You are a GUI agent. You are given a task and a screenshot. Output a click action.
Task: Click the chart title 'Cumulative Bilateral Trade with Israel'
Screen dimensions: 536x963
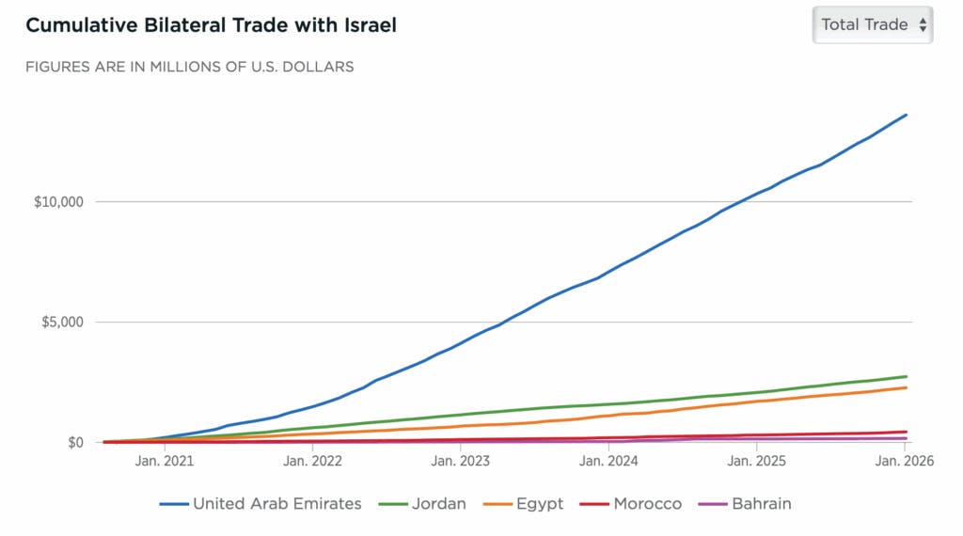[211, 25]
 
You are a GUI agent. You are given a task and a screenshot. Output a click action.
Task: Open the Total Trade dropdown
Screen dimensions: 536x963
[873, 24]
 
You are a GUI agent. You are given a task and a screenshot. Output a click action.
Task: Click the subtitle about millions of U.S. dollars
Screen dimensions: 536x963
[190, 67]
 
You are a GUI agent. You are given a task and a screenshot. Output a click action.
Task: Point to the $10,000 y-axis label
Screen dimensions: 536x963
[57, 202]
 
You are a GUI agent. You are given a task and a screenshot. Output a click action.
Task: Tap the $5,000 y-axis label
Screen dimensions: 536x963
[61, 323]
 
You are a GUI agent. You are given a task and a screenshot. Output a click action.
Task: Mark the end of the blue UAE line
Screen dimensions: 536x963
[906, 115]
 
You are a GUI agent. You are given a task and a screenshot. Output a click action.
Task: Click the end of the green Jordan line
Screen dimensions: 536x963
[906, 376]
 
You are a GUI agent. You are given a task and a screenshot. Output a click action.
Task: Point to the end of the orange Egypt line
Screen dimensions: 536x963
[906, 387]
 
